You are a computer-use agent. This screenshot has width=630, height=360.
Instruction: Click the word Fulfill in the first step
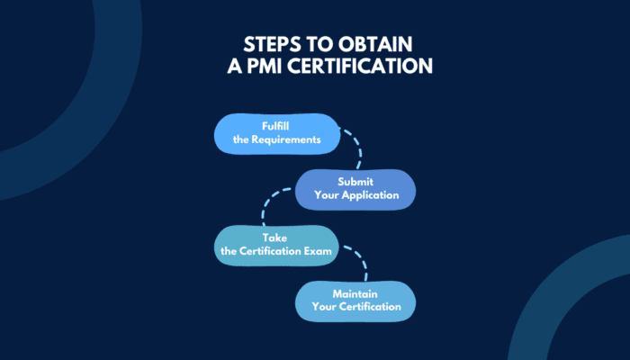[x=275, y=126]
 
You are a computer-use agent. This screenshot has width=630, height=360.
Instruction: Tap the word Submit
[x=356, y=181]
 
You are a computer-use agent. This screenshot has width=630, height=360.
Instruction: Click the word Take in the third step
[x=274, y=238]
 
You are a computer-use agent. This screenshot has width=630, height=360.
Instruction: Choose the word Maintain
[x=356, y=293]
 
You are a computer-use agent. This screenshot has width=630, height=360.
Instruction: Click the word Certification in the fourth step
[x=370, y=308]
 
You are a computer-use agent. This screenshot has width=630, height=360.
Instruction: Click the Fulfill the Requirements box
[x=275, y=133]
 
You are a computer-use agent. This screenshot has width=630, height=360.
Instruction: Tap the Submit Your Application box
[x=356, y=188]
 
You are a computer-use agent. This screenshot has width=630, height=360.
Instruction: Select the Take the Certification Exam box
[x=275, y=244]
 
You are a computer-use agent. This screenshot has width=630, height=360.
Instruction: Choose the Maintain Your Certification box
[x=356, y=301]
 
